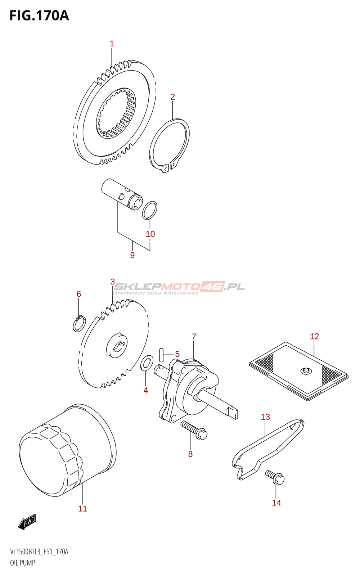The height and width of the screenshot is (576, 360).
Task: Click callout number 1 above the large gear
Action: coord(112,44)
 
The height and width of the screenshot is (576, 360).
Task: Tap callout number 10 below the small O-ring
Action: coord(150,234)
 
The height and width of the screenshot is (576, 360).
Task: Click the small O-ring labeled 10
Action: coord(149,210)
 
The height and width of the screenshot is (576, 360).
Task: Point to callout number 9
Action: coord(132,255)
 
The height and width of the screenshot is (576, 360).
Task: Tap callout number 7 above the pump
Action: coord(194,337)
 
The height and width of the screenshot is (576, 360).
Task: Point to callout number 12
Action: coord(314,336)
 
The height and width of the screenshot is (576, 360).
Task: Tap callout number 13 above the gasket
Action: coord(265,417)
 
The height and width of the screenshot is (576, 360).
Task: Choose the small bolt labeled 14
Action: coord(275,477)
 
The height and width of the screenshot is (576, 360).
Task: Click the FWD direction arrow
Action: coord(27,522)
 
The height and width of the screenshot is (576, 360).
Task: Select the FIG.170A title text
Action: coord(39,16)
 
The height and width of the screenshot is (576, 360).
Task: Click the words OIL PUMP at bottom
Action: coord(23,563)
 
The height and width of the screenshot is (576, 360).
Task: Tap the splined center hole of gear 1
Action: coord(116,113)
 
